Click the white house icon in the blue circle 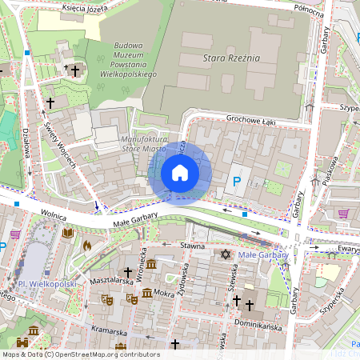pyautogui.click(x=180, y=173)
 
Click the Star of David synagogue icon pyautogui.click(x=225, y=254)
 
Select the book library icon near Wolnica pyautogui.click(x=68, y=233)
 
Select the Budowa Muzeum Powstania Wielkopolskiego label pyautogui.click(x=123, y=60)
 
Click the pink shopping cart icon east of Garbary pyautogui.click(x=343, y=214)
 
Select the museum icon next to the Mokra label pyautogui.click(x=146, y=294)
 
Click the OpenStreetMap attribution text pyautogui.click(x=80, y=354)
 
